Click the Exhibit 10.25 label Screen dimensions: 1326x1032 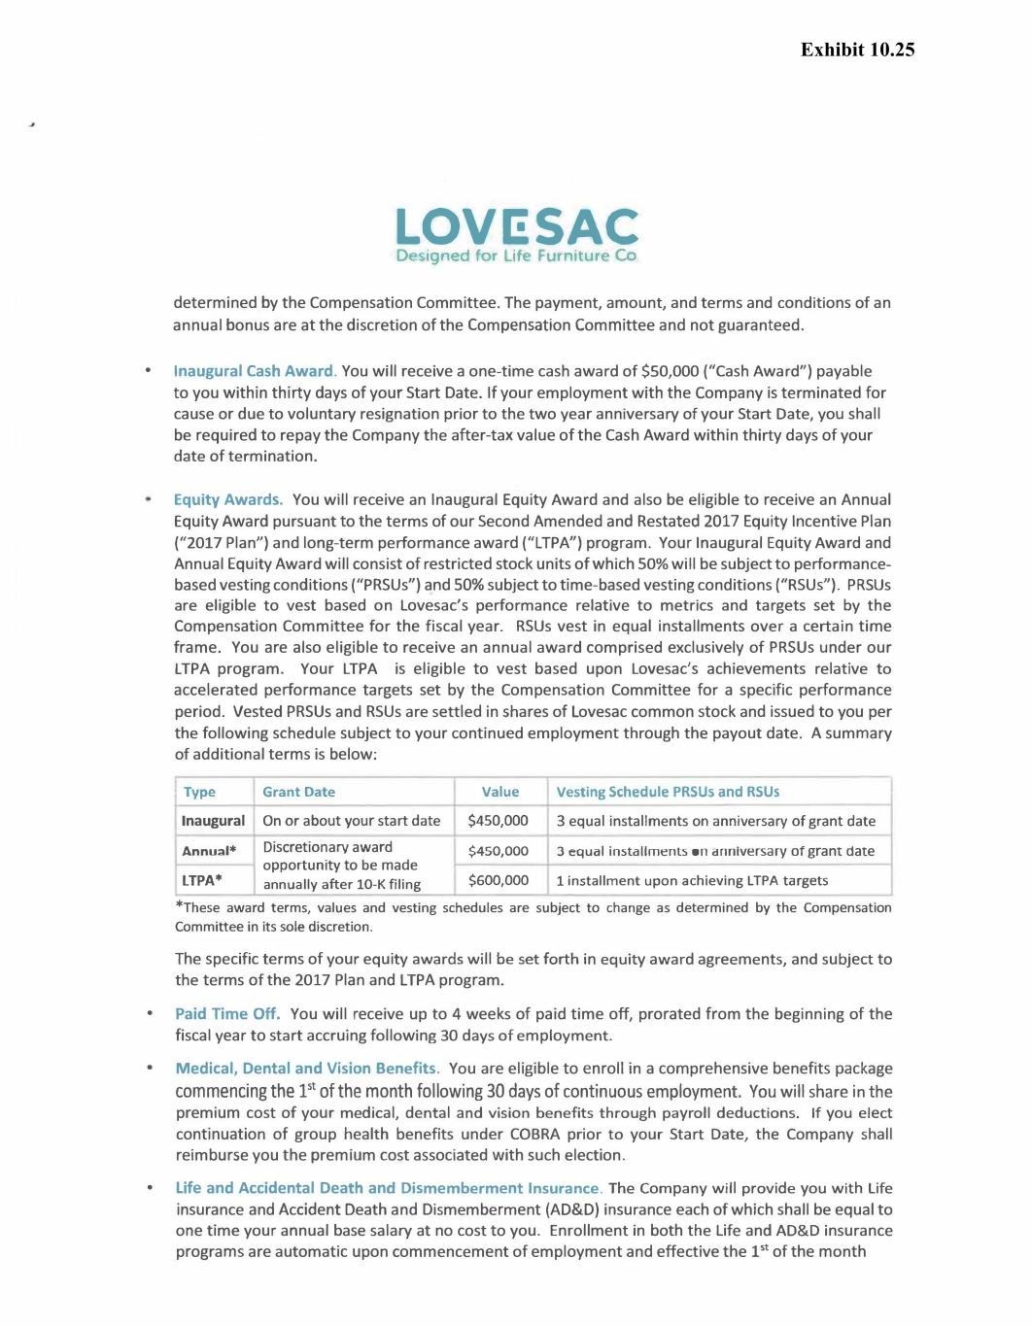point(857,50)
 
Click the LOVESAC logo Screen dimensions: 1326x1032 point(516,234)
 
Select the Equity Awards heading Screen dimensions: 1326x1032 point(228,499)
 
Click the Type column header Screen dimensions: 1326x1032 point(199,792)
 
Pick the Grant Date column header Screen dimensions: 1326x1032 point(298,792)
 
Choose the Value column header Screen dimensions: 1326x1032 point(499,792)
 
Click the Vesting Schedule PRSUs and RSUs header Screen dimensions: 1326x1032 point(668,792)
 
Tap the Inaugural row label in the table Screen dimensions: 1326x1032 point(213,821)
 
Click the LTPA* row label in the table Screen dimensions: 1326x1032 point(202,881)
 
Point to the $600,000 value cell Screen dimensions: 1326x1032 point(499,880)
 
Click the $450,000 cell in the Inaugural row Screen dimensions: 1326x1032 point(499,821)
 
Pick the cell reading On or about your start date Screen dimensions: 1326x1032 point(351,821)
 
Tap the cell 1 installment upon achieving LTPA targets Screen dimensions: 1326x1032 point(692,881)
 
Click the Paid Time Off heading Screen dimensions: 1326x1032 point(227,1014)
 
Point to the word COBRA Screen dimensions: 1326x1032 point(534,1135)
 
